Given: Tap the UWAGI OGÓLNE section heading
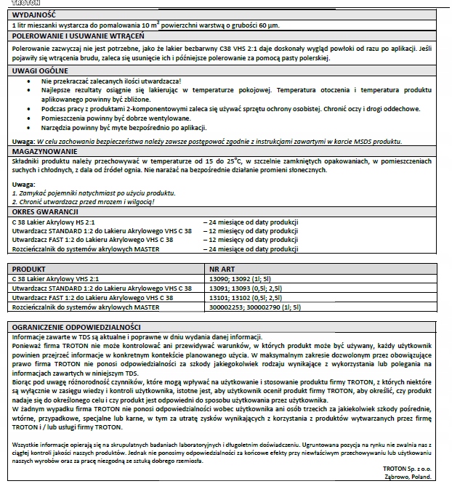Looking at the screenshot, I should pyautogui.click(x=40, y=70).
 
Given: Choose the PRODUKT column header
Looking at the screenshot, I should pyautogui.click(x=30, y=268).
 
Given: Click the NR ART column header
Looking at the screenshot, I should pyautogui.click(x=221, y=268).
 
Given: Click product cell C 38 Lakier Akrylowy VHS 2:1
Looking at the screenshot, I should pyautogui.click(x=56, y=278).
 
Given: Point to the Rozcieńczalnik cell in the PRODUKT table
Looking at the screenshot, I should pyautogui.click(x=86, y=307).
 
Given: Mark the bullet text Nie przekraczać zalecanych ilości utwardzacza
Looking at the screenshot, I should pyautogui.click(x=111, y=81).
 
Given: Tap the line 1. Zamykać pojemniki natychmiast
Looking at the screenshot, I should pyautogui.click(x=93, y=193).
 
